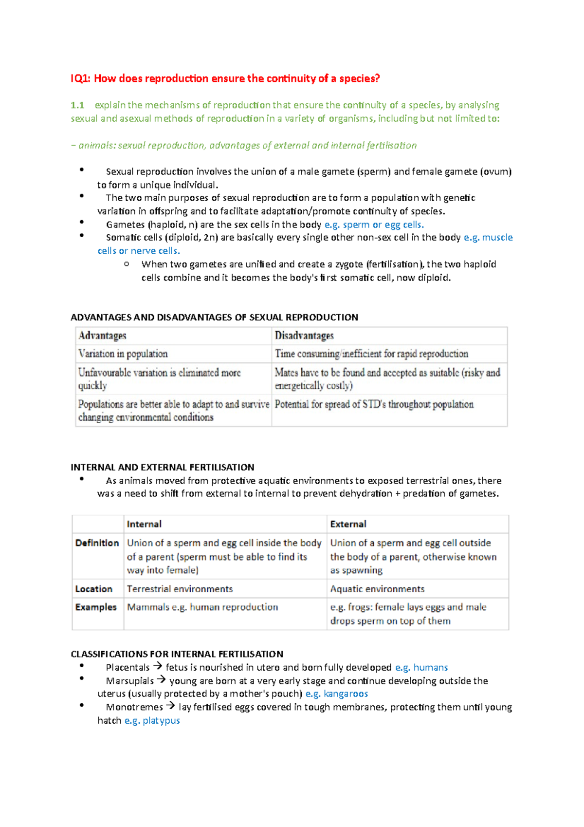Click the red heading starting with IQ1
click(225, 78)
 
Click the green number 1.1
click(77, 105)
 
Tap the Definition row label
click(97, 543)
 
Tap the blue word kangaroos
click(346, 694)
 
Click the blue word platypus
click(161, 720)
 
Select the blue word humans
click(430, 667)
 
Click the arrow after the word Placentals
click(157, 666)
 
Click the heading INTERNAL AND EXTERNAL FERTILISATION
click(162, 467)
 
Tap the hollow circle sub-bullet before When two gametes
click(127, 264)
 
